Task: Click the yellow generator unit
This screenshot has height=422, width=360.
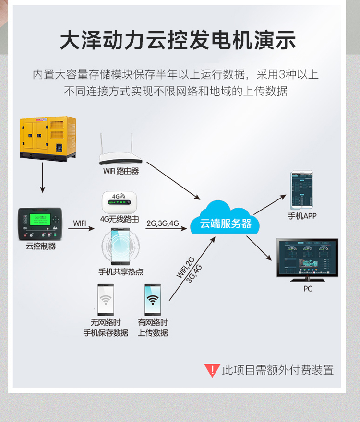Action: [48, 137]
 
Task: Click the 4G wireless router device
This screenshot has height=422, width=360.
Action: [120, 203]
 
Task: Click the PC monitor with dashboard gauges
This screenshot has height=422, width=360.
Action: [307, 258]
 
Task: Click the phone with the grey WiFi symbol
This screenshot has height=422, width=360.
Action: [106, 300]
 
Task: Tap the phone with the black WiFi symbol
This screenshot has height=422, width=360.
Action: [153, 300]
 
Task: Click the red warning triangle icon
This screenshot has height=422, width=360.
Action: [212, 370]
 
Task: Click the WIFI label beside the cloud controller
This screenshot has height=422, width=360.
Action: [80, 223]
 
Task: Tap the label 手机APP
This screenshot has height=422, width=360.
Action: [302, 216]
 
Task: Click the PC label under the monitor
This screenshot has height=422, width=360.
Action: [308, 289]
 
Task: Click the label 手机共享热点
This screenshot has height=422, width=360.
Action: [121, 272]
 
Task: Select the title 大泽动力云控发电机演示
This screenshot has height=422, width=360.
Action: [178, 40]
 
